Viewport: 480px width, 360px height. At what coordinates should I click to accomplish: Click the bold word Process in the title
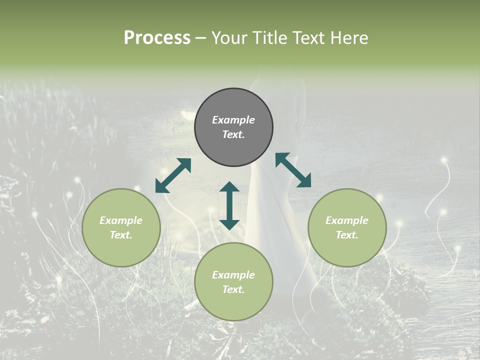(x=157, y=38)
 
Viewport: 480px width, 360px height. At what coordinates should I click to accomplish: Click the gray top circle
(x=233, y=127)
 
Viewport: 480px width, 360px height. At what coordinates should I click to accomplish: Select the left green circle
(x=121, y=227)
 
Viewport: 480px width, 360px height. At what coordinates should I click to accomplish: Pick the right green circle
(x=347, y=227)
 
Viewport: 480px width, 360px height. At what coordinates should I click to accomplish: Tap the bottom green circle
(x=233, y=282)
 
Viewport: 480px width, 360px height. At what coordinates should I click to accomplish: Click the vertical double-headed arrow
(x=229, y=205)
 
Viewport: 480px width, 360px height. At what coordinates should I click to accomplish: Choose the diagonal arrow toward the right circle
(x=293, y=170)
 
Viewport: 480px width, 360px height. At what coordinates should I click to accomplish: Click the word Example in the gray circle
(x=233, y=120)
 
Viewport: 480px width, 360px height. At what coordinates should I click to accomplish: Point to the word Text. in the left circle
(x=121, y=235)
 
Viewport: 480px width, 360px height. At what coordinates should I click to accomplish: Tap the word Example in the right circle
(x=347, y=220)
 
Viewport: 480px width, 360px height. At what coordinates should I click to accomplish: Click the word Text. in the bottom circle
(x=233, y=289)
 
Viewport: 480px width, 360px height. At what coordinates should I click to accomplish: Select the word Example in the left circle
(x=121, y=220)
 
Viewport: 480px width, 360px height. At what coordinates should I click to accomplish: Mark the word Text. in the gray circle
(x=233, y=134)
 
